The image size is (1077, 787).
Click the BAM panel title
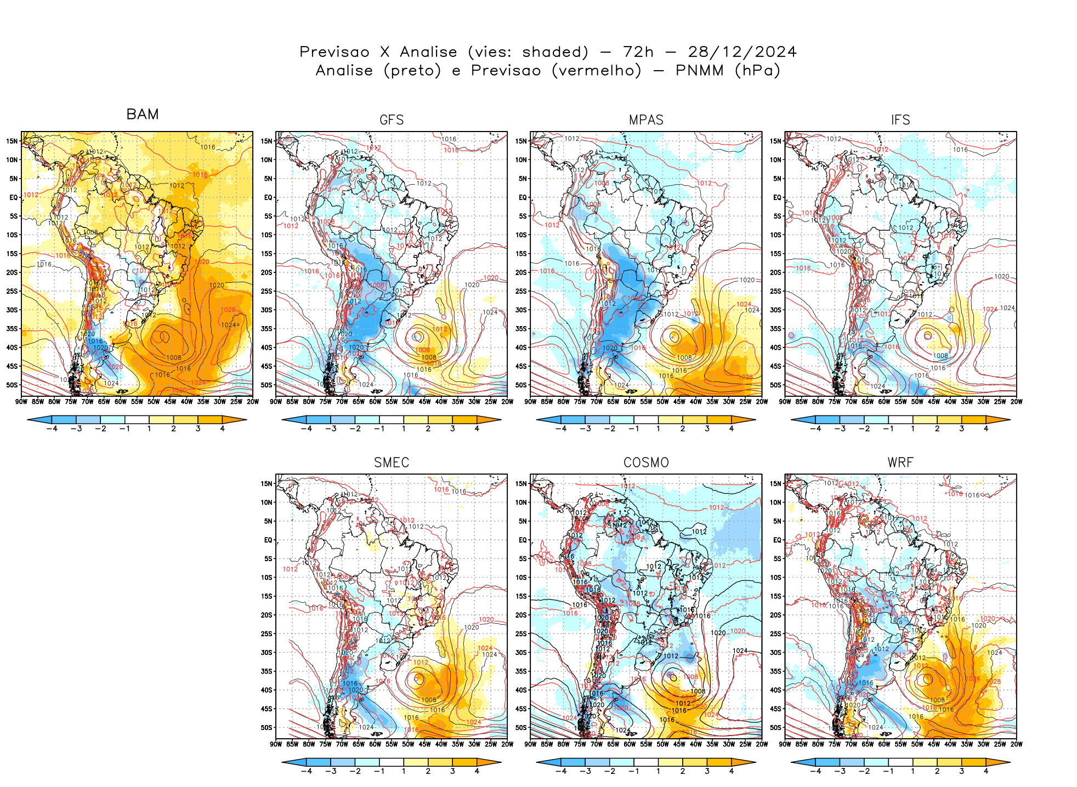pos(143,114)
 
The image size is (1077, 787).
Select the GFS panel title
pos(392,120)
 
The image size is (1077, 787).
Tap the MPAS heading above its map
pos(646,120)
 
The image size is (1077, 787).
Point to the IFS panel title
pos(900,120)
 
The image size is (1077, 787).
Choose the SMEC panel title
pos(392,463)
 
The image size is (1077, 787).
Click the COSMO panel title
pos(646,463)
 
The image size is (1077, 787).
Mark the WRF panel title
pos(900,463)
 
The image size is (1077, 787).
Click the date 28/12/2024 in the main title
pos(742,52)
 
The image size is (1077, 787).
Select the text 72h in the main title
pos(638,52)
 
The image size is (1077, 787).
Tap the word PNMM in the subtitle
pos(699,71)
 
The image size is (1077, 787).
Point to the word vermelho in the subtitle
pos(596,71)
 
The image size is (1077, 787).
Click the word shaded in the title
pos(555,52)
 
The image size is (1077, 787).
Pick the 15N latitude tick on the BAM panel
pos(12,141)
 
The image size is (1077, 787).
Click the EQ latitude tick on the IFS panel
pos(777,197)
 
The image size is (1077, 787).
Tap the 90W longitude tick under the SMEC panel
pos(276,744)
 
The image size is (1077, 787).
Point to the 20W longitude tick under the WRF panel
pos(1016,744)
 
